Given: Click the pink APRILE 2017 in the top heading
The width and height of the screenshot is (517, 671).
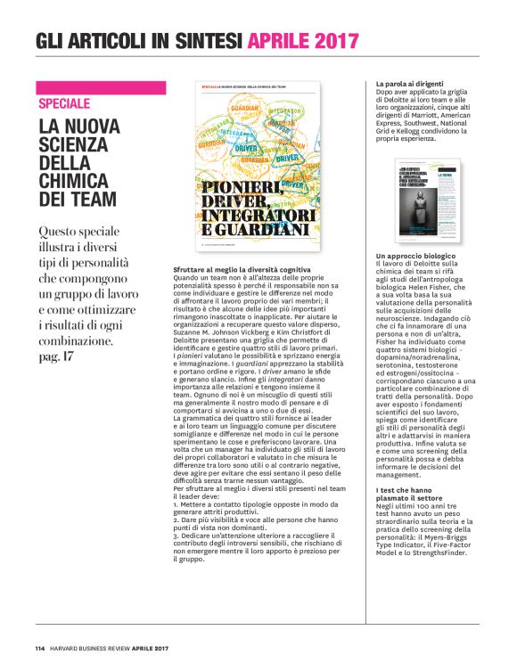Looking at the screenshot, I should pyautogui.click(x=303, y=40).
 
